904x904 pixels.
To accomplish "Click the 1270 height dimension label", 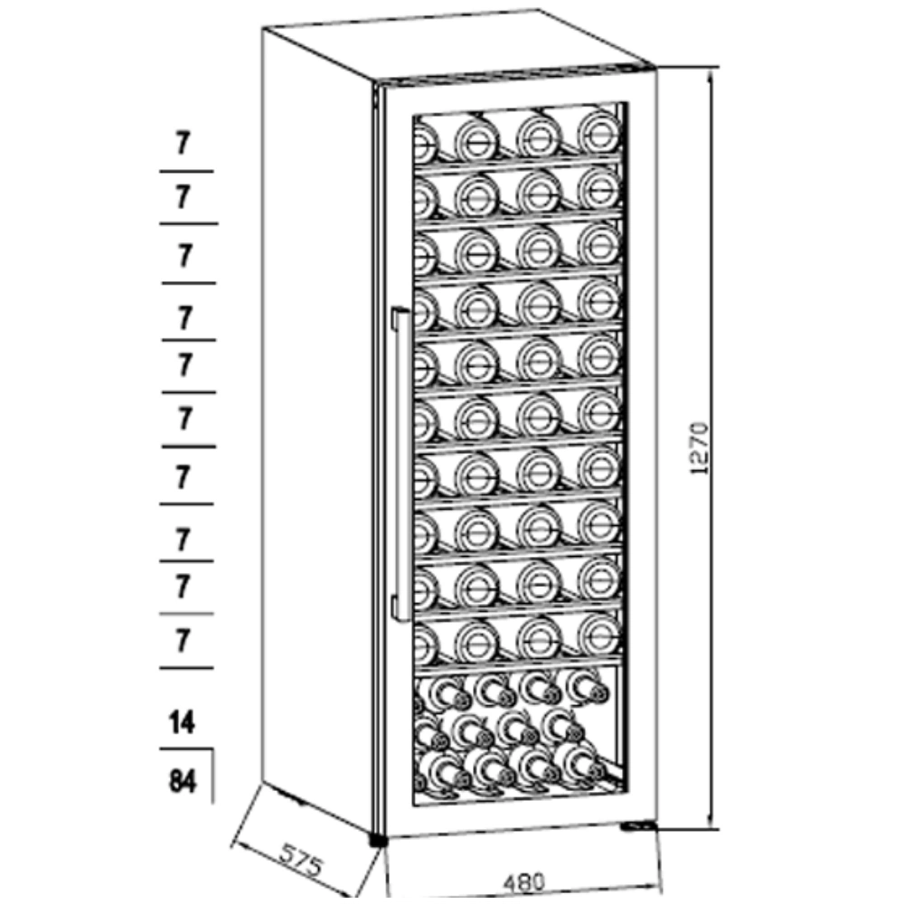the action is (x=699, y=448).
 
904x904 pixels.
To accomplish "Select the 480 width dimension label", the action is (x=524, y=881).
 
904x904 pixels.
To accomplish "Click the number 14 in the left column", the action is (x=183, y=721).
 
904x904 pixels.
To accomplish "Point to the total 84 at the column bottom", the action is (x=183, y=781).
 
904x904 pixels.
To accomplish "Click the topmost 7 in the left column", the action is (x=183, y=143).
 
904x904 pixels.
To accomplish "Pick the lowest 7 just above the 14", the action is (x=183, y=640).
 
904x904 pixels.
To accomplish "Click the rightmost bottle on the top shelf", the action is (x=599, y=133).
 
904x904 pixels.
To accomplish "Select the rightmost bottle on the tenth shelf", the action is (x=599, y=635).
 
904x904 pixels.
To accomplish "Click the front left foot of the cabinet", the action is (x=378, y=839).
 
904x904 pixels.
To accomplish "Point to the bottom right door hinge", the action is (x=639, y=826).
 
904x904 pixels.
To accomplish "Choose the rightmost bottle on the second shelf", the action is (x=599, y=188).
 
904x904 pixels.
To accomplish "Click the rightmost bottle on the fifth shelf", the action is (x=599, y=355).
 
